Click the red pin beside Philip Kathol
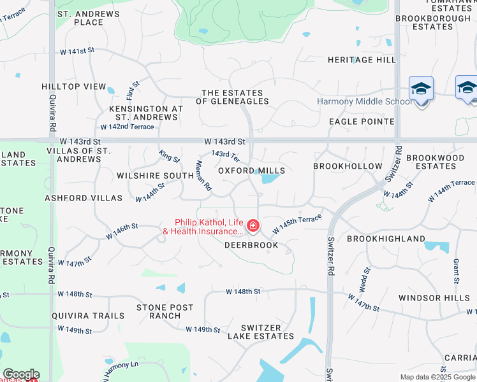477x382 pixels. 253,226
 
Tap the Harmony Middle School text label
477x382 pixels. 365,102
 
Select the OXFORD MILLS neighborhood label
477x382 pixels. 251,171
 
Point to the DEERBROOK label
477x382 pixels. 251,245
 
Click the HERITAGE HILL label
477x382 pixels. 362,60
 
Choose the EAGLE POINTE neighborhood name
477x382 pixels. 362,122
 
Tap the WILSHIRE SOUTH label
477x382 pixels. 156,176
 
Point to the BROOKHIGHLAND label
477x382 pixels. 386,239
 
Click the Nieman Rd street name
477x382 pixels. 203,176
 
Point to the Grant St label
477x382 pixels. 457,271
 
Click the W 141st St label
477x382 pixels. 77,51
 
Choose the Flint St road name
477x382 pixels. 133,90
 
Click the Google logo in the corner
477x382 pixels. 21,374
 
